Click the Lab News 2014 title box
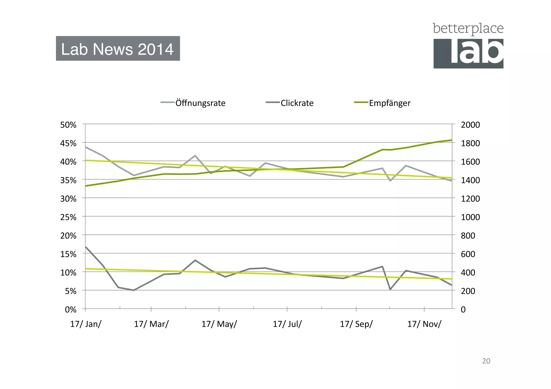[x=118, y=49]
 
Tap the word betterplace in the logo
[x=468, y=29]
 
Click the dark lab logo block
[x=468, y=53]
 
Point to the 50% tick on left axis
[x=68, y=125]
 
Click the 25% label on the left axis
[x=68, y=217]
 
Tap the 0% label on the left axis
[x=70, y=310]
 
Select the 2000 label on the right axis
[x=470, y=125]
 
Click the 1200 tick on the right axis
[x=470, y=199]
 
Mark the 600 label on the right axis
[x=468, y=254]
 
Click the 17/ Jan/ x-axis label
[x=86, y=324]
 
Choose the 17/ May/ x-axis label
[x=219, y=324]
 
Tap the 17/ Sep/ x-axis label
[x=356, y=324]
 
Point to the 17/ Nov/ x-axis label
[x=424, y=324]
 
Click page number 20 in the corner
[x=486, y=361]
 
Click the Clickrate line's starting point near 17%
[x=86, y=247]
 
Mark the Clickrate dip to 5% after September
[x=390, y=290]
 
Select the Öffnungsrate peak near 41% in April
[x=195, y=156]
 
